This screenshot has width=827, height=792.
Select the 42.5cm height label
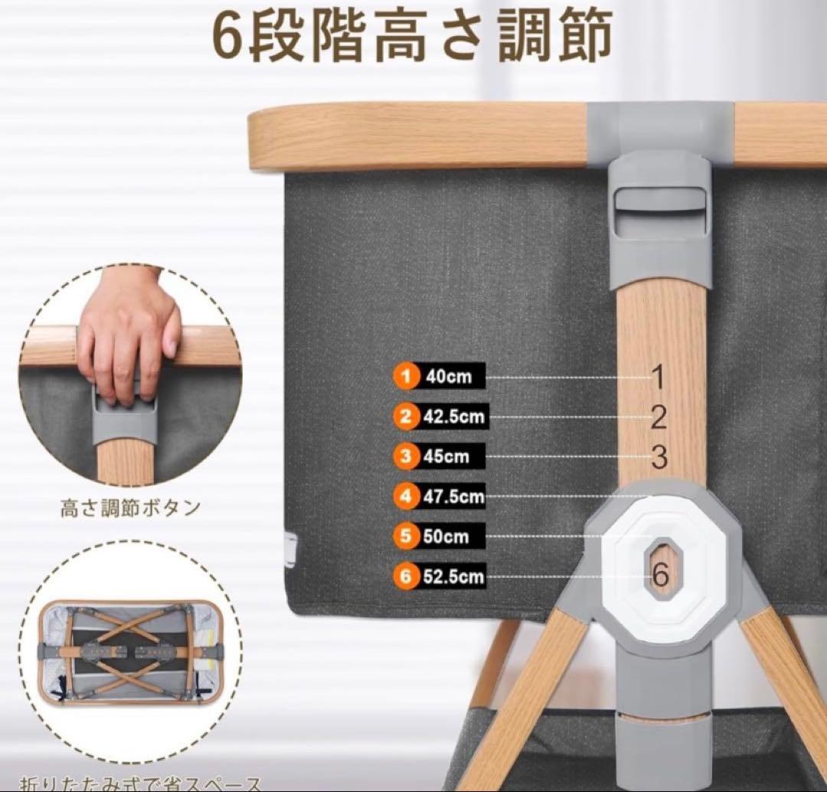click(x=453, y=417)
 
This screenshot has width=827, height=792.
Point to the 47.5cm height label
click(x=453, y=496)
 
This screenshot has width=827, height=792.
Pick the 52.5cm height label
click(x=453, y=576)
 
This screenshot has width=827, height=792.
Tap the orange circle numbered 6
click(x=407, y=576)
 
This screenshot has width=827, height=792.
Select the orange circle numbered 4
click(x=407, y=496)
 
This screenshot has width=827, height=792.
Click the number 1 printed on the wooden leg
click(x=658, y=376)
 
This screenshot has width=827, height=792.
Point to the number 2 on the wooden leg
click(x=659, y=417)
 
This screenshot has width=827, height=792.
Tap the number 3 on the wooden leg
click(x=659, y=457)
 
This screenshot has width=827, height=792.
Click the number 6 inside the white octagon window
click(x=661, y=571)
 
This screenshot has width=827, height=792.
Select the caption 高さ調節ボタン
click(x=130, y=508)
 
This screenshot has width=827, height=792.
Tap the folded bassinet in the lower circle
click(x=129, y=650)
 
